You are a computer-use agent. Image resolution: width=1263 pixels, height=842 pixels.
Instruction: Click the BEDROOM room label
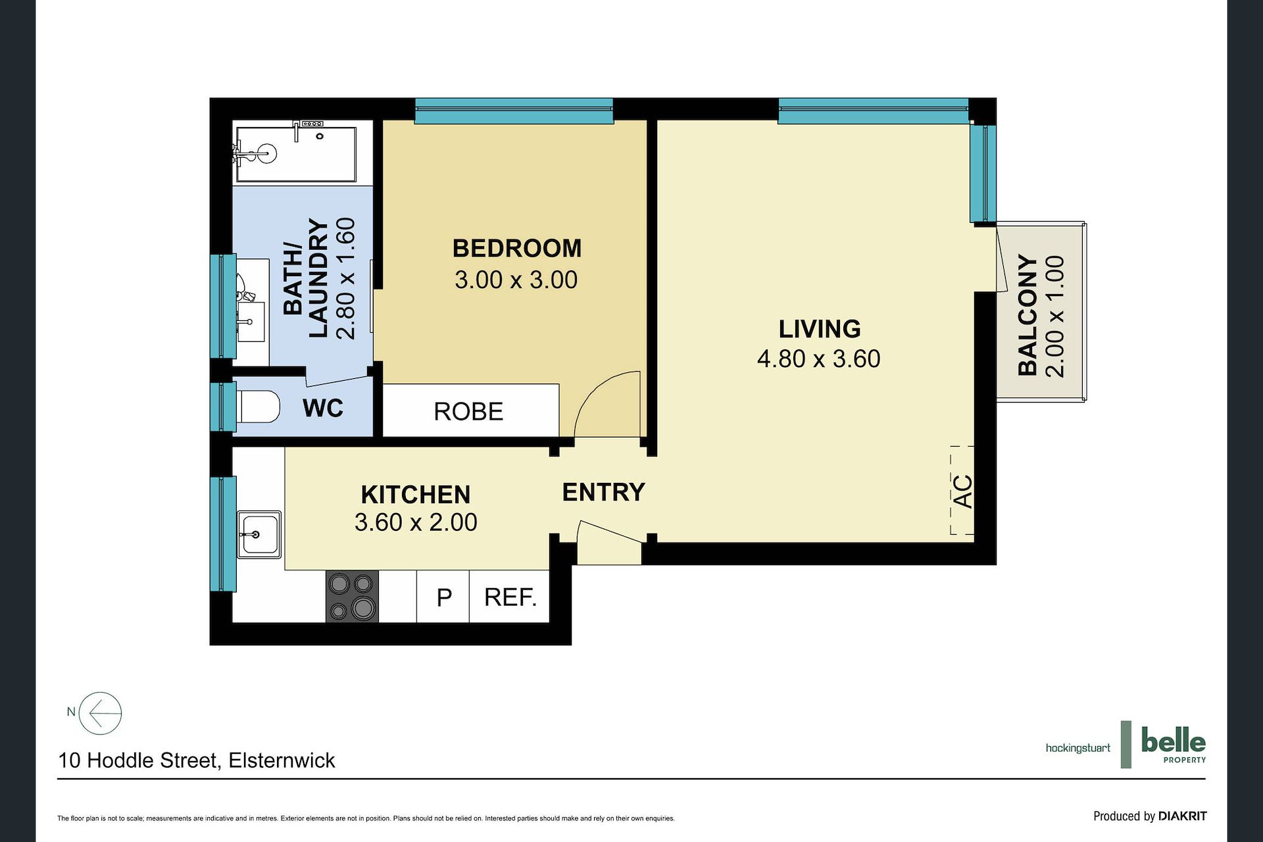517,249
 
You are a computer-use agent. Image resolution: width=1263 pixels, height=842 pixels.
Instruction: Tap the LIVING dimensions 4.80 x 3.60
818,359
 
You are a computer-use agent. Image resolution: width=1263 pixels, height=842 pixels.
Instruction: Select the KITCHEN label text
416,495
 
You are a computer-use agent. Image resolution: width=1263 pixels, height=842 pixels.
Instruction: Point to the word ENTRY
603,492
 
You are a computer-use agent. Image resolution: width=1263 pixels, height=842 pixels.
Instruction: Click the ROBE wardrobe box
471,410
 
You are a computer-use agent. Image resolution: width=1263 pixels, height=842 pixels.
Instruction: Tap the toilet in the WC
258,407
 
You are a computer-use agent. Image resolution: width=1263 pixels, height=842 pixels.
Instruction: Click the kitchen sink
259,534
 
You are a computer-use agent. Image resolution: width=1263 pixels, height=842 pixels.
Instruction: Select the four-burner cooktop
353,596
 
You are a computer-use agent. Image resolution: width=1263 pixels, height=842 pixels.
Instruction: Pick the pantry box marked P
443,596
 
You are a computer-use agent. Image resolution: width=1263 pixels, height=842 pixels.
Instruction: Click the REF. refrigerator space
510,596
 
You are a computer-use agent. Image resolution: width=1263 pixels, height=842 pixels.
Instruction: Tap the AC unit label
962,491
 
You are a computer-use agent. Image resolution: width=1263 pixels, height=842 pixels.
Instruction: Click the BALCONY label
1028,315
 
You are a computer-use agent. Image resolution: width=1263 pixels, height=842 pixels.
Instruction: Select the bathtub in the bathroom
296,154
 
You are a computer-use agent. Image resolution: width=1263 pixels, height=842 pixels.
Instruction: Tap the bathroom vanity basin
251,321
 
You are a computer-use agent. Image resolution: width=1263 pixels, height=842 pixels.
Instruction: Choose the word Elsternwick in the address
282,760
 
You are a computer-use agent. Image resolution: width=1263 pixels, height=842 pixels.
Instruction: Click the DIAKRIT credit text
1183,816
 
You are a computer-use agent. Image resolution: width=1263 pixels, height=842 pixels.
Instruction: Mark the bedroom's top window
514,111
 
